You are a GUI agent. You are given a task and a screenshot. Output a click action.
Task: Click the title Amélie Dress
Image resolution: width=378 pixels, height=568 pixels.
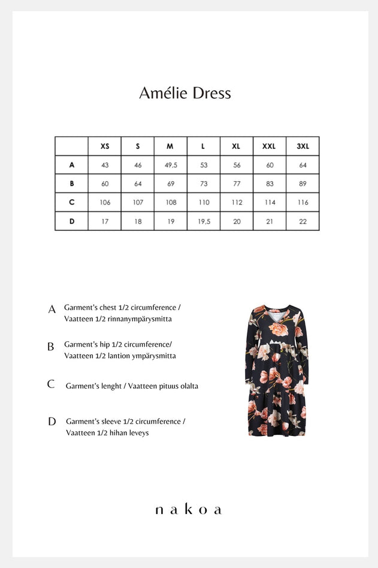tap(185, 94)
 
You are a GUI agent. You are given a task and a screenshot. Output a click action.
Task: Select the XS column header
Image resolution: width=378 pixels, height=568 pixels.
tap(105, 146)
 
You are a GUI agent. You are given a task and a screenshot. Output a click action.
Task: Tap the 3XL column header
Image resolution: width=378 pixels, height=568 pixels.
tap(303, 146)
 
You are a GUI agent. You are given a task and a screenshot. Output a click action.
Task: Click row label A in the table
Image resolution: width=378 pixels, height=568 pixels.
tap(72, 165)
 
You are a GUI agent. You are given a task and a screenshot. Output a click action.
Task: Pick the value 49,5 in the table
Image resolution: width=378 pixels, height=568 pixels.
tap(171, 165)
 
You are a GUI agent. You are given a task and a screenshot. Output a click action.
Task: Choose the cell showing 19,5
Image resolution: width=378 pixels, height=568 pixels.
tap(204, 221)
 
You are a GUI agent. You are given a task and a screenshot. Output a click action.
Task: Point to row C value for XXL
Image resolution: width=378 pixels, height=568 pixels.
tap(270, 202)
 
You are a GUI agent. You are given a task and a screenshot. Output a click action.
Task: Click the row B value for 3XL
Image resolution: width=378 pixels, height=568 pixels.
tap(303, 184)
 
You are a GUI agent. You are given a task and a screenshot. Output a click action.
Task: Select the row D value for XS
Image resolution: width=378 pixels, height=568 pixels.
tap(105, 221)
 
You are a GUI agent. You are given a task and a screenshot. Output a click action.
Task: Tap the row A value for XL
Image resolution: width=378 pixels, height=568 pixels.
tap(237, 165)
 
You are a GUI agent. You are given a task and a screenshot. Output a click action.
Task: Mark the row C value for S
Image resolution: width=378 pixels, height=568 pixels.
tap(138, 202)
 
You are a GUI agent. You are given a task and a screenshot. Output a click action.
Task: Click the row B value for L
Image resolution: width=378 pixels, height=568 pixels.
tap(204, 184)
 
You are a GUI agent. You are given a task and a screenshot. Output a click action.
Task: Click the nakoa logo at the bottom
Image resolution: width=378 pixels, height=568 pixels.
tap(188, 510)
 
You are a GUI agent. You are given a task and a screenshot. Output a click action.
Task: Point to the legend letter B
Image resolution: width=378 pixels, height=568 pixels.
tap(51, 347)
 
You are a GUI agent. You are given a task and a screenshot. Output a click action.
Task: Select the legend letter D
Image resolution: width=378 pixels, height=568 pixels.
tap(52, 422)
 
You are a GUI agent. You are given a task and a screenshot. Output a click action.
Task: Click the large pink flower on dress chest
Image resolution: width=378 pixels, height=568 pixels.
tap(279, 329)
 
